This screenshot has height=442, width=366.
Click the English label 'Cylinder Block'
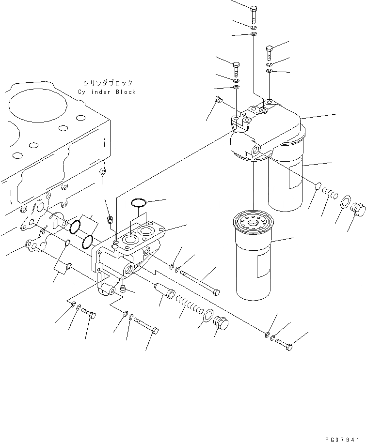[107, 92]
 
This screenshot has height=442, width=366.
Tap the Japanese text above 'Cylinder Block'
[107, 83]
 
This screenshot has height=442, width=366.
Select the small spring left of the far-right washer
[331, 194]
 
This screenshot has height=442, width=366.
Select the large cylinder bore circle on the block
[34, 104]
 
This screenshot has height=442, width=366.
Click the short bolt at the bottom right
[284, 344]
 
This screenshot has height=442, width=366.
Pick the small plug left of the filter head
[218, 101]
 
